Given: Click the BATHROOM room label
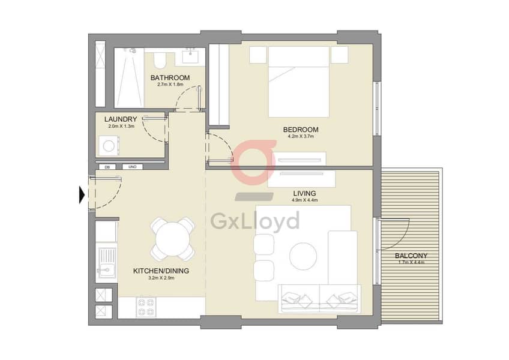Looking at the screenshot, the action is click(x=170, y=78).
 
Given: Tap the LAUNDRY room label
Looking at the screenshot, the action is click(x=121, y=119).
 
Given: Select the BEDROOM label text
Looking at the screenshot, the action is click(x=301, y=130).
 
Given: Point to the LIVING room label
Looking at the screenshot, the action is click(x=304, y=193).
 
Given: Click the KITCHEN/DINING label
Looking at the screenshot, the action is click(x=161, y=271).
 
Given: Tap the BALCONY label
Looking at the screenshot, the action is click(x=411, y=256).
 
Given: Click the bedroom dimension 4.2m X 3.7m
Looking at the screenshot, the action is click(x=301, y=136).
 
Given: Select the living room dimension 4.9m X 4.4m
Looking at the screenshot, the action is click(x=304, y=200).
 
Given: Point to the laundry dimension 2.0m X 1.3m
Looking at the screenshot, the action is click(x=121, y=126).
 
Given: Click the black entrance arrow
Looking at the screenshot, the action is click(x=82, y=195).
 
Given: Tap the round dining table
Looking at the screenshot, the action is click(x=172, y=239).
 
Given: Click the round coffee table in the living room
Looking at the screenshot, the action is click(x=303, y=256).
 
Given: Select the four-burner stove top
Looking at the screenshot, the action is click(x=146, y=307).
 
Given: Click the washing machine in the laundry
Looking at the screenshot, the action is click(x=109, y=146).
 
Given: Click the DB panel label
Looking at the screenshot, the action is click(x=107, y=167).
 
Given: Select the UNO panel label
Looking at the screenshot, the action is click(x=133, y=167).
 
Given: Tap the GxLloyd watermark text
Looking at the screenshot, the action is click(x=255, y=221).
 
